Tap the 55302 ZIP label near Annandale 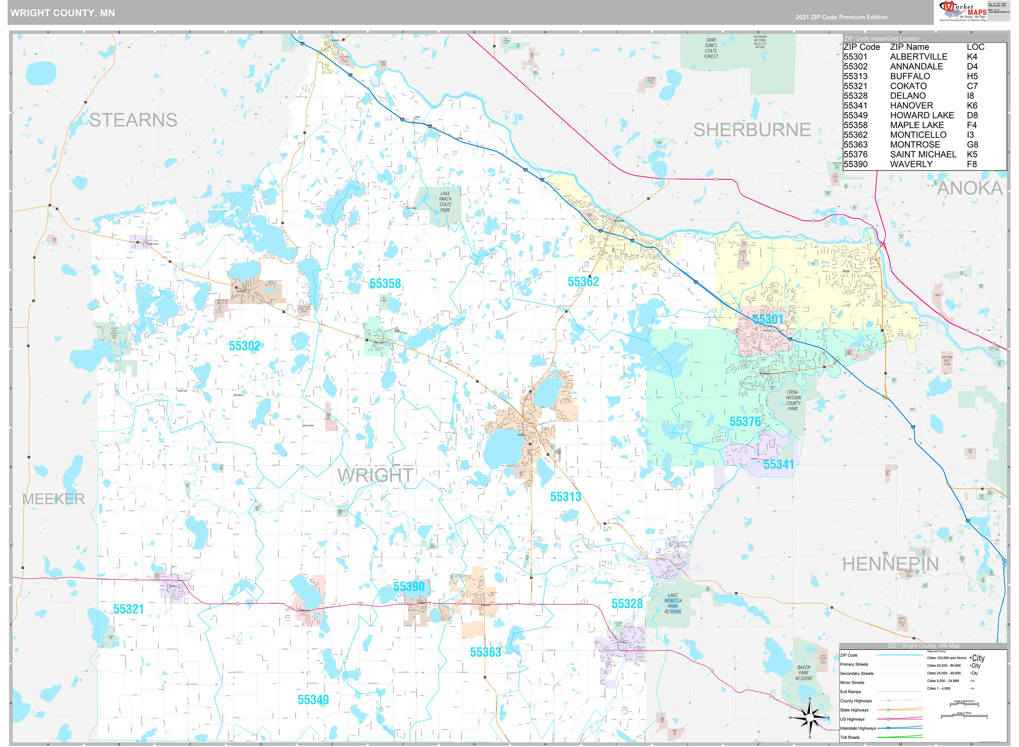point(244,346)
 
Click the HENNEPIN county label point(890,564)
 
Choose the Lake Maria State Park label point(445,202)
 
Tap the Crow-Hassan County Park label point(793,400)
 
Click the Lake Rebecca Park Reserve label point(673,603)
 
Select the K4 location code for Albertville point(972,57)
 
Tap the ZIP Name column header point(909,47)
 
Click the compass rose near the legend point(809,718)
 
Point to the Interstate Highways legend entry point(857,728)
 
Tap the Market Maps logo point(962,11)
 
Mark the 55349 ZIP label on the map point(313,700)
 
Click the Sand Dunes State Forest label point(711,48)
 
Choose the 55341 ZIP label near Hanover point(778,464)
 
